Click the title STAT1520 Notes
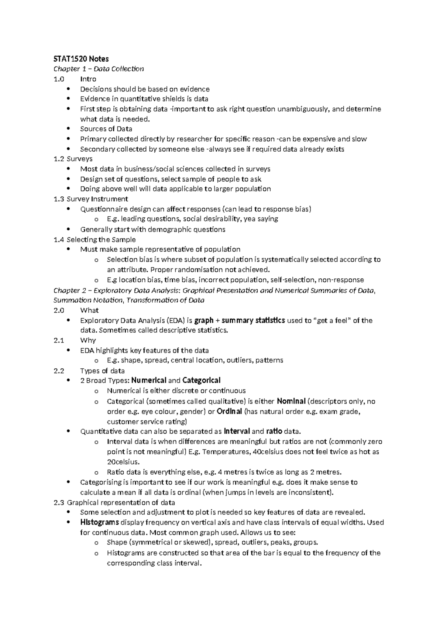(x=81, y=59)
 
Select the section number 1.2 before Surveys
(x=58, y=159)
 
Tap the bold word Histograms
(x=99, y=522)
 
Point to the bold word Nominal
(x=291, y=401)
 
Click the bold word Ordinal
(x=229, y=412)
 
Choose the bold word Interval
(x=237, y=431)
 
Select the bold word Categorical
(x=201, y=381)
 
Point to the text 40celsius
(x=265, y=452)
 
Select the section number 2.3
(x=58, y=502)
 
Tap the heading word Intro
(x=88, y=79)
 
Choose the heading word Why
(x=88, y=340)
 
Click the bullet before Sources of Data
(x=68, y=129)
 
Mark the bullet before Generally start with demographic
(x=68, y=229)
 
